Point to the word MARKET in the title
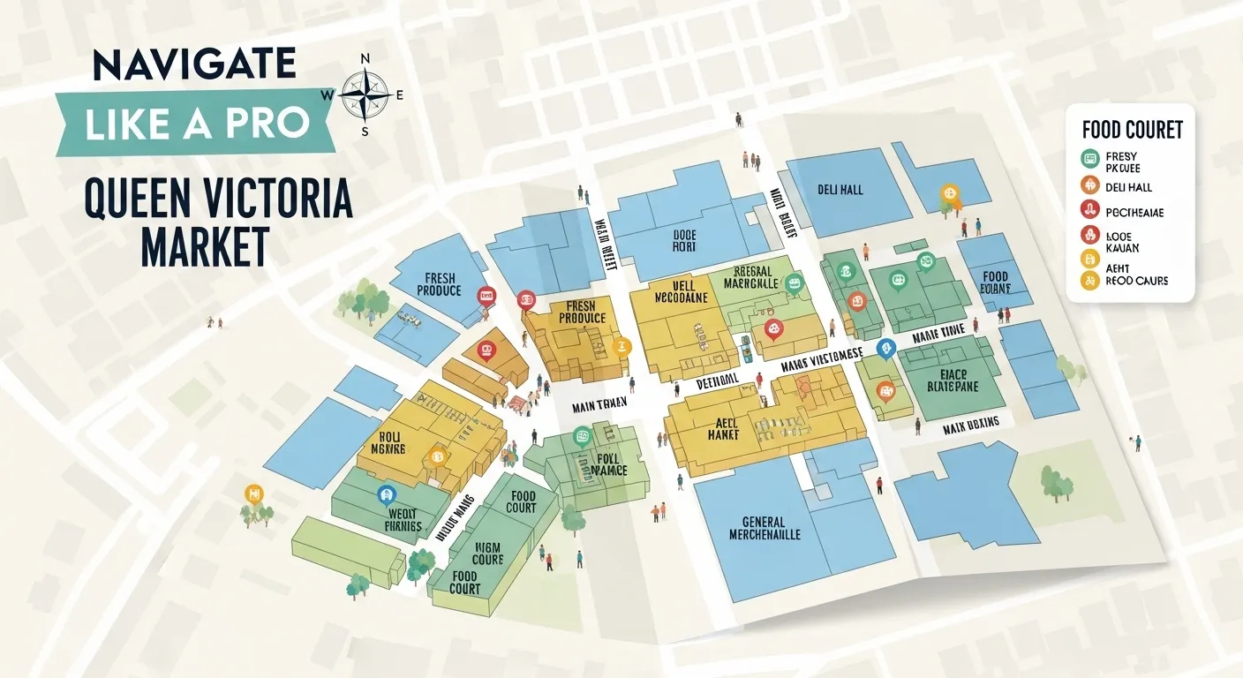205,246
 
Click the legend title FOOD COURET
1132,131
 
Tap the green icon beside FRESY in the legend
1089,159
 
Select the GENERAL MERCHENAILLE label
765,528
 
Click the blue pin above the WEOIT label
384,494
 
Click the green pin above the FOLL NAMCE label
582,435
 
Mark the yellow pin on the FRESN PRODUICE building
620,346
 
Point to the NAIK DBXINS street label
970,424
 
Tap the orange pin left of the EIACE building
885,389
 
